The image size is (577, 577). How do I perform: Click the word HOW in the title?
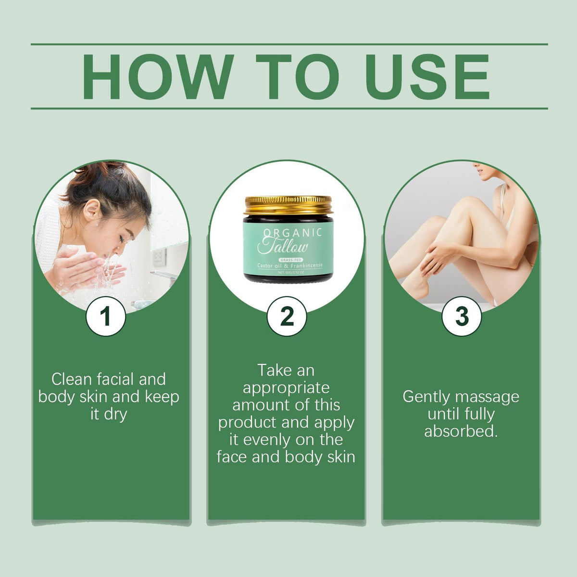(x=158, y=76)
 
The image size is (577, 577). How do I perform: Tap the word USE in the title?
(x=427, y=76)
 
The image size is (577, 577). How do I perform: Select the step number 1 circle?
(x=105, y=316)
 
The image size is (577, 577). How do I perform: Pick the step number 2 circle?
(x=287, y=316)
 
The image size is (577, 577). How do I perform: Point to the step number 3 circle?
(x=462, y=316)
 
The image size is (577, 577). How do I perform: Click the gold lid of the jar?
(x=288, y=205)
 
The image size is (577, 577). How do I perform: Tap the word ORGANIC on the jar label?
(x=292, y=233)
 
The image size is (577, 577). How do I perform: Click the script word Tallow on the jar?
(x=283, y=246)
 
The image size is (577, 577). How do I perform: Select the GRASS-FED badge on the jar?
(x=290, y=260)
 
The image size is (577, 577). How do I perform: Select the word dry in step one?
(x=115, y=414)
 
